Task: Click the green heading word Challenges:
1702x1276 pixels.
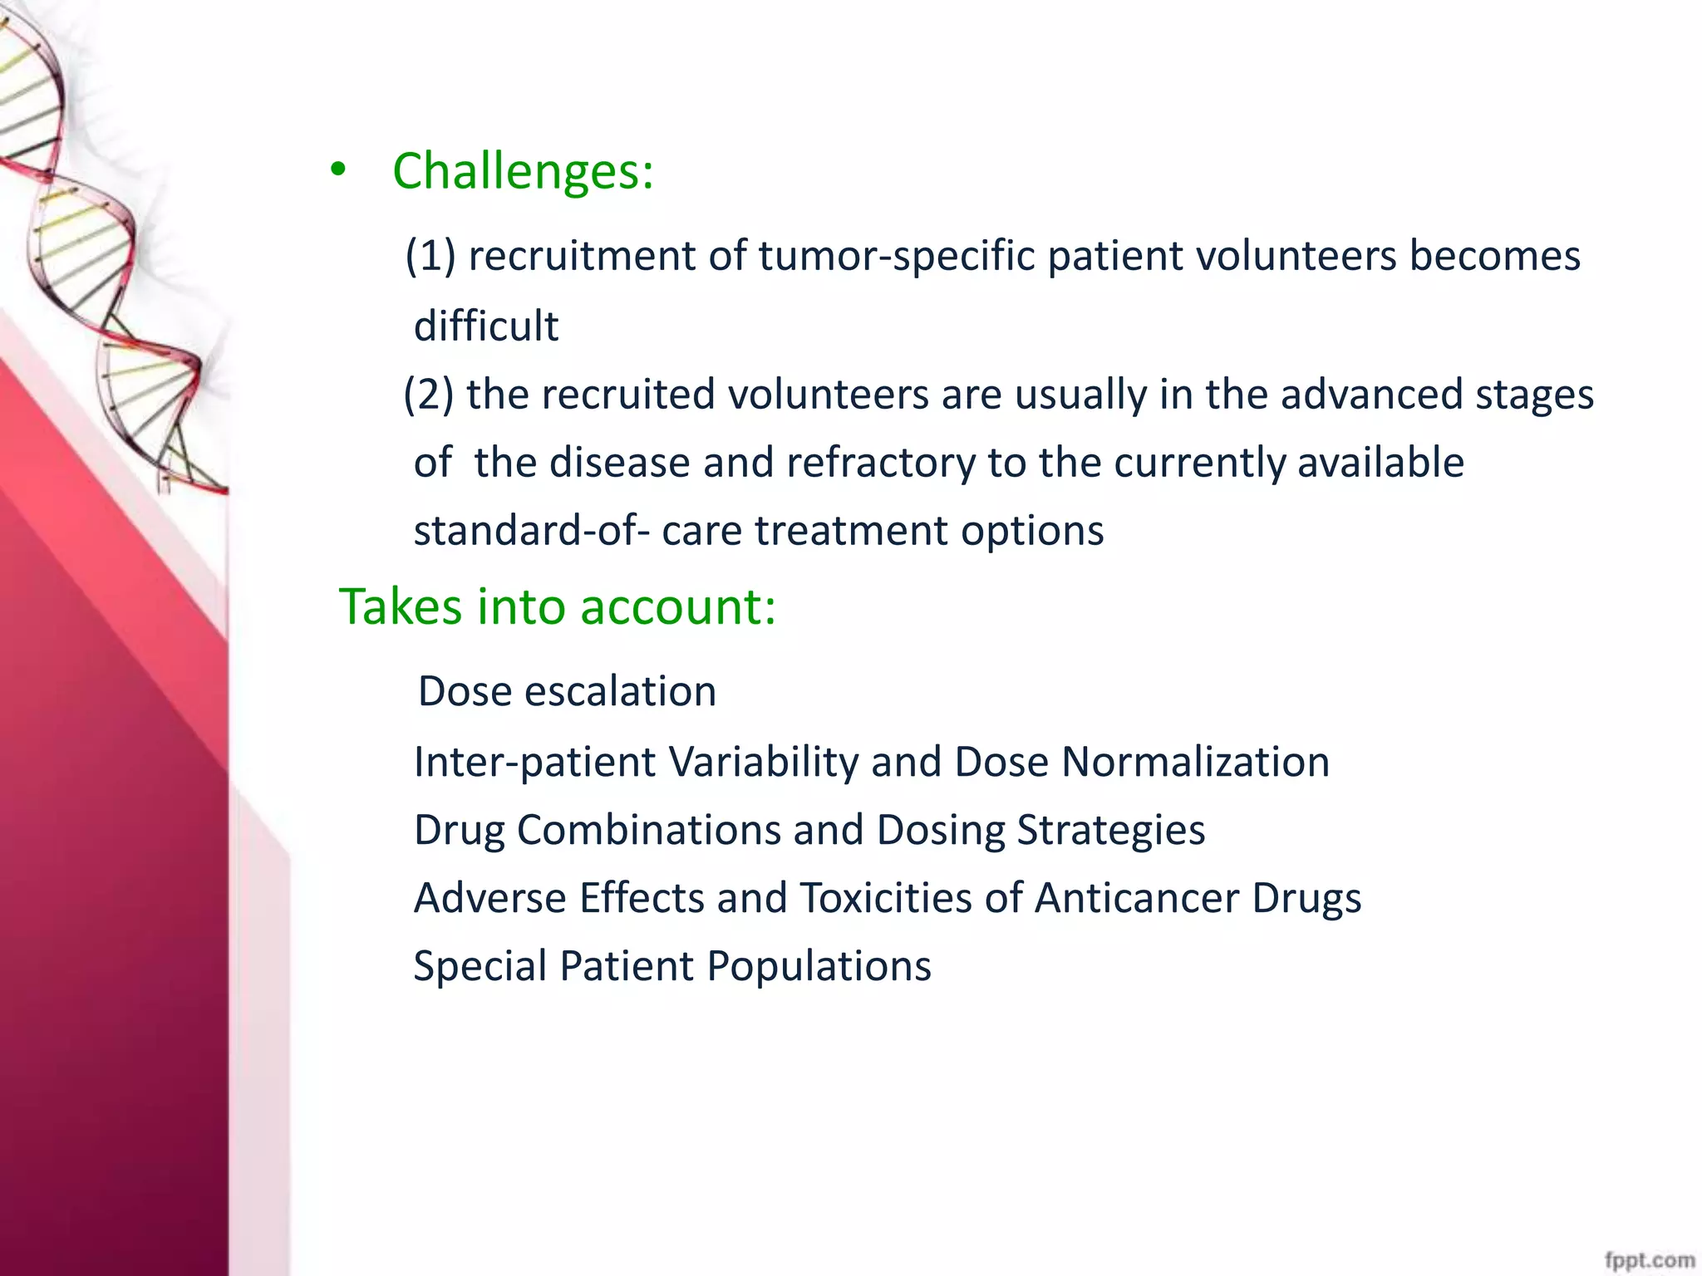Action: coord(523,172)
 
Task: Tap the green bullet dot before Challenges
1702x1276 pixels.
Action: coord(337,170)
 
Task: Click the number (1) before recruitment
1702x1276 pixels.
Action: coord(430,255)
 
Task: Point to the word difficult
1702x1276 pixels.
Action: coord(486,325)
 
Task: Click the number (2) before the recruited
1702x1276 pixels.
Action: coord(428,394)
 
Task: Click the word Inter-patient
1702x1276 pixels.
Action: coord(534,762)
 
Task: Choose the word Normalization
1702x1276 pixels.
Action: coord(1195,762)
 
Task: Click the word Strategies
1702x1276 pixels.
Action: coord(1110,830)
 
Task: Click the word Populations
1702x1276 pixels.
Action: coord(819,966)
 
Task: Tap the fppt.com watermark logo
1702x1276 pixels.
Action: coord(1649,1259)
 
